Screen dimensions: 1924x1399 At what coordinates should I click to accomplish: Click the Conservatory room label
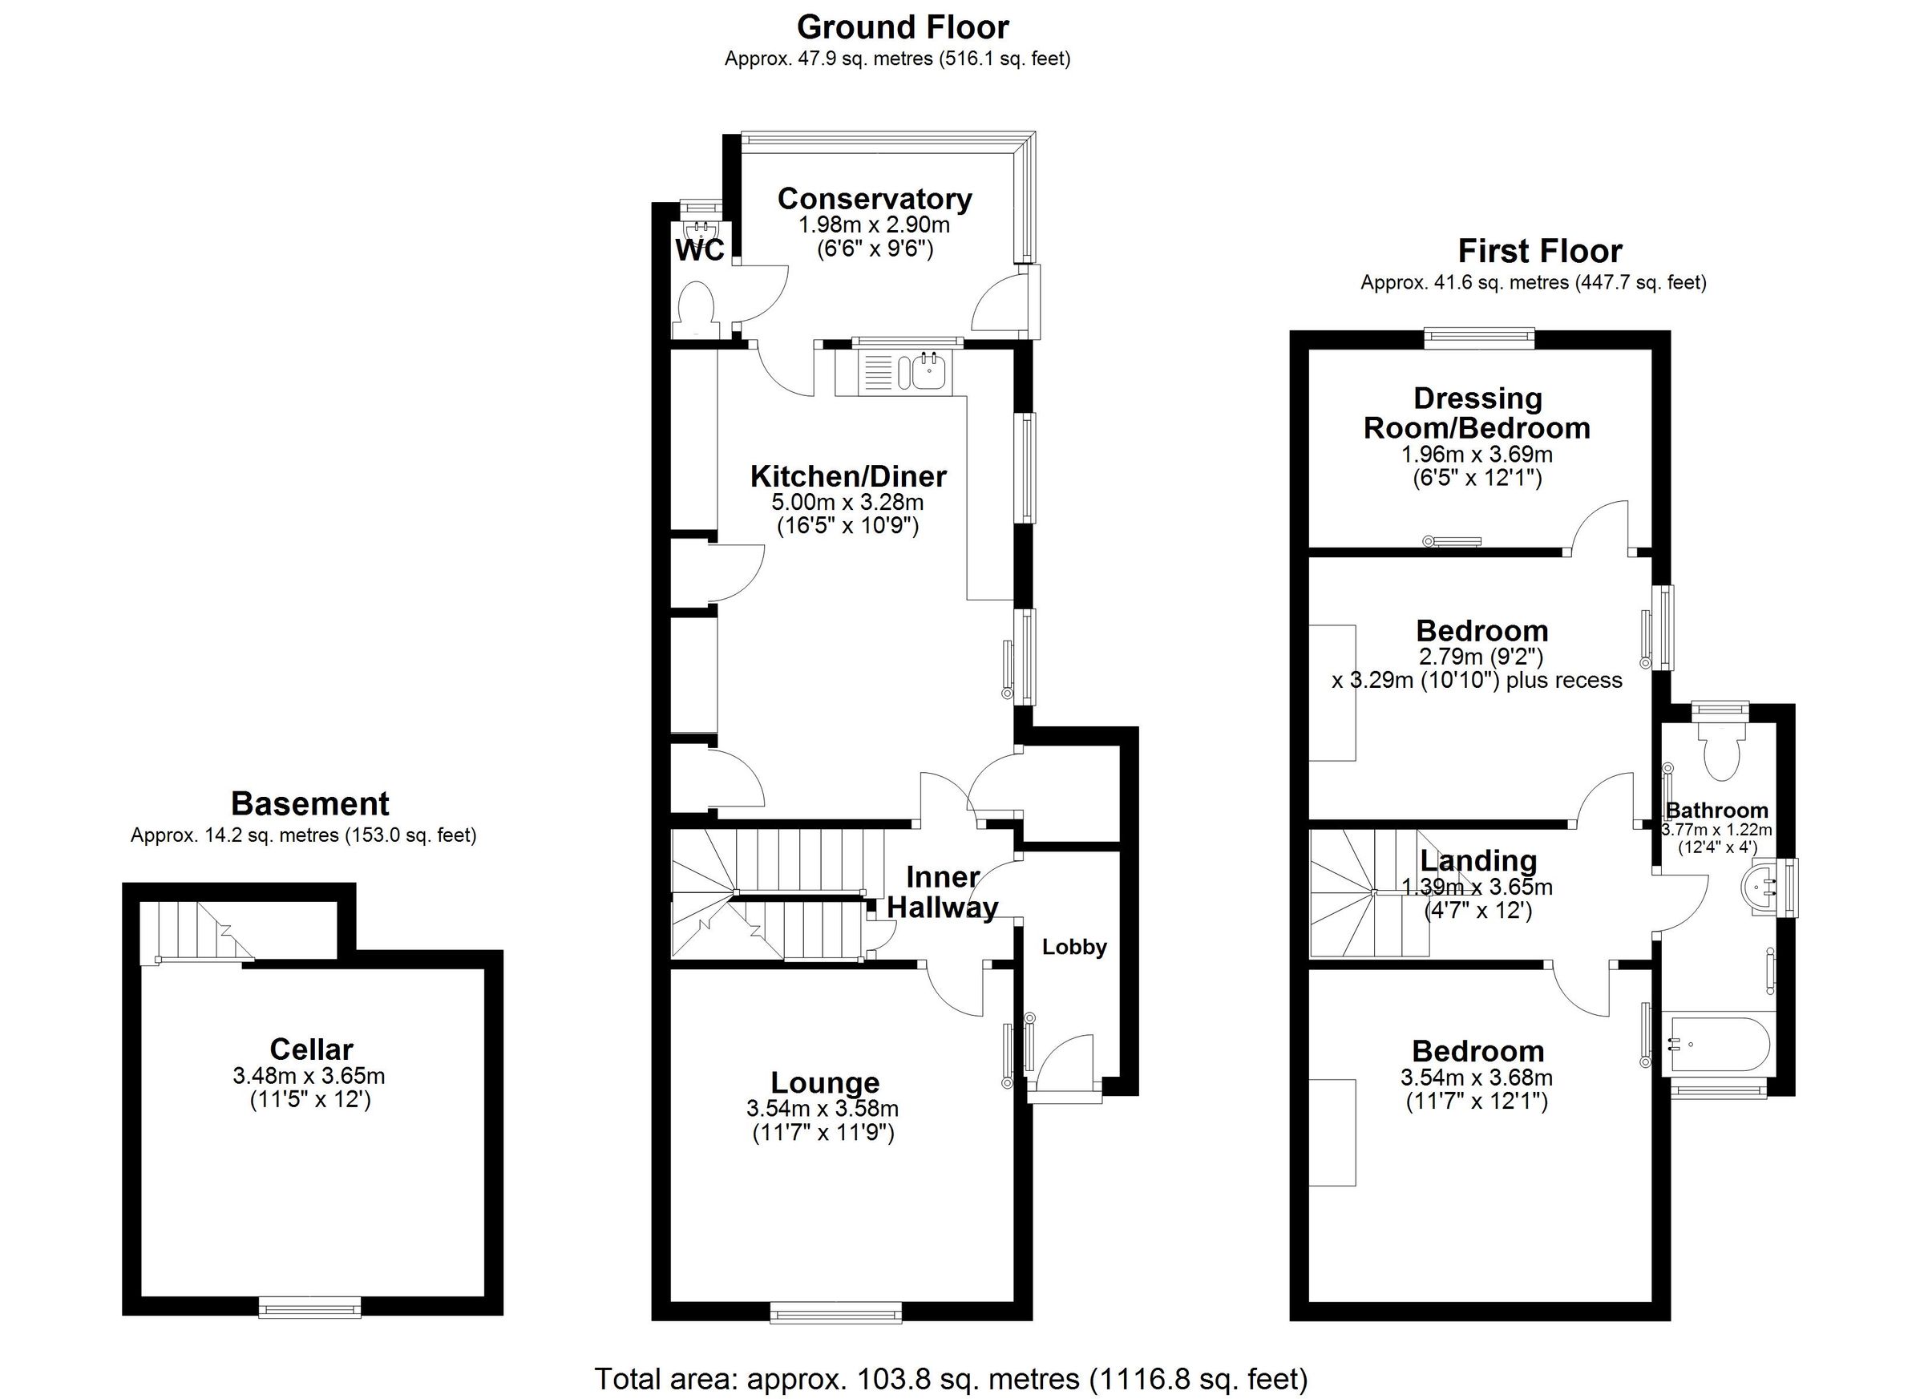click(x=875, y=199)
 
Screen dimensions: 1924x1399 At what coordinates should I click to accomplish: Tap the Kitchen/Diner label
click(x=848, y=476)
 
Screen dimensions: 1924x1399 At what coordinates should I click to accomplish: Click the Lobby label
click(x=1075, y=947)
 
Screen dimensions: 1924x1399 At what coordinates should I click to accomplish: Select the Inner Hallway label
click(x=943, y=892)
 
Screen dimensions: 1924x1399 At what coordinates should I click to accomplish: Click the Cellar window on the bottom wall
click(x=309, y=1307)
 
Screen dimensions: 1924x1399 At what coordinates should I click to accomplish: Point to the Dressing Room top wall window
click(x=1480, y=338)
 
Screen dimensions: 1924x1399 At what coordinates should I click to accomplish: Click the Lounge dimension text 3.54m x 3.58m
click(x=823, y=1108)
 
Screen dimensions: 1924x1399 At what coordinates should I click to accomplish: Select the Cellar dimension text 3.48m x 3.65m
click(x=309, y=1076)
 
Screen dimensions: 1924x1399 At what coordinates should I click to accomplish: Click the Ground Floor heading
click(x=903, y=27)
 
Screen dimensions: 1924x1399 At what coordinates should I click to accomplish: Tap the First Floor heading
click(x=1540, y=251)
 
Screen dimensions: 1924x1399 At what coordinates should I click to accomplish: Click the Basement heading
click(x=309, y=803)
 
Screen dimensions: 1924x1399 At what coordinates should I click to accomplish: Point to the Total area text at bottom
click(x=951, y=1379)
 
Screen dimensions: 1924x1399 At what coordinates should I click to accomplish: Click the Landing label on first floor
click(x=1478, y=860)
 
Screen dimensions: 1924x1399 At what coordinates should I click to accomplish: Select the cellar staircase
click(x=198, y=932)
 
